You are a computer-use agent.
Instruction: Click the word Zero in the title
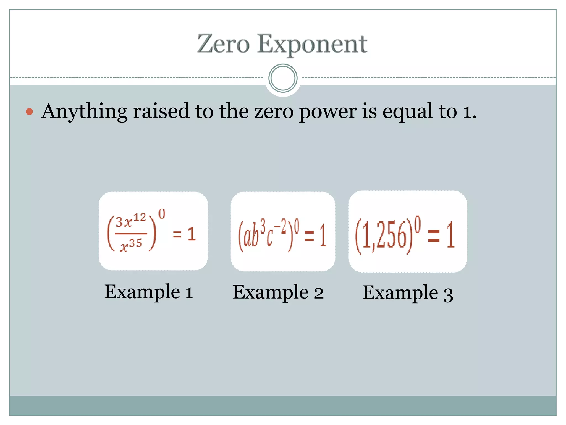pos(223,44)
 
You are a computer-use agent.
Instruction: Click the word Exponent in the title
pos(312,45)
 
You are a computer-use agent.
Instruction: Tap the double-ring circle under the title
pos(283,78)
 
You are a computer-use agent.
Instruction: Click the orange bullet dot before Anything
pos(29,112)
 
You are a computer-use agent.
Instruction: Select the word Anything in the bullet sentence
pos(84,112)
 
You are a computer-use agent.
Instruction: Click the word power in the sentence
pos(328,112)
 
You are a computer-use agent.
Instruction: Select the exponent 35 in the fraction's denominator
pos(135,243)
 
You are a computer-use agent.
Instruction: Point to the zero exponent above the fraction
pos(162,214)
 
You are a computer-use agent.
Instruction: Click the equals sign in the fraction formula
pos(177,235)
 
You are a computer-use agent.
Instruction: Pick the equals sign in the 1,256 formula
pos(434,236)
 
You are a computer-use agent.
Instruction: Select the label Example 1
pos(149,292)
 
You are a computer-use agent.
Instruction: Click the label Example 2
pos(278,293)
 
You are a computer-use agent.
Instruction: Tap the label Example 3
pos(408,293)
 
